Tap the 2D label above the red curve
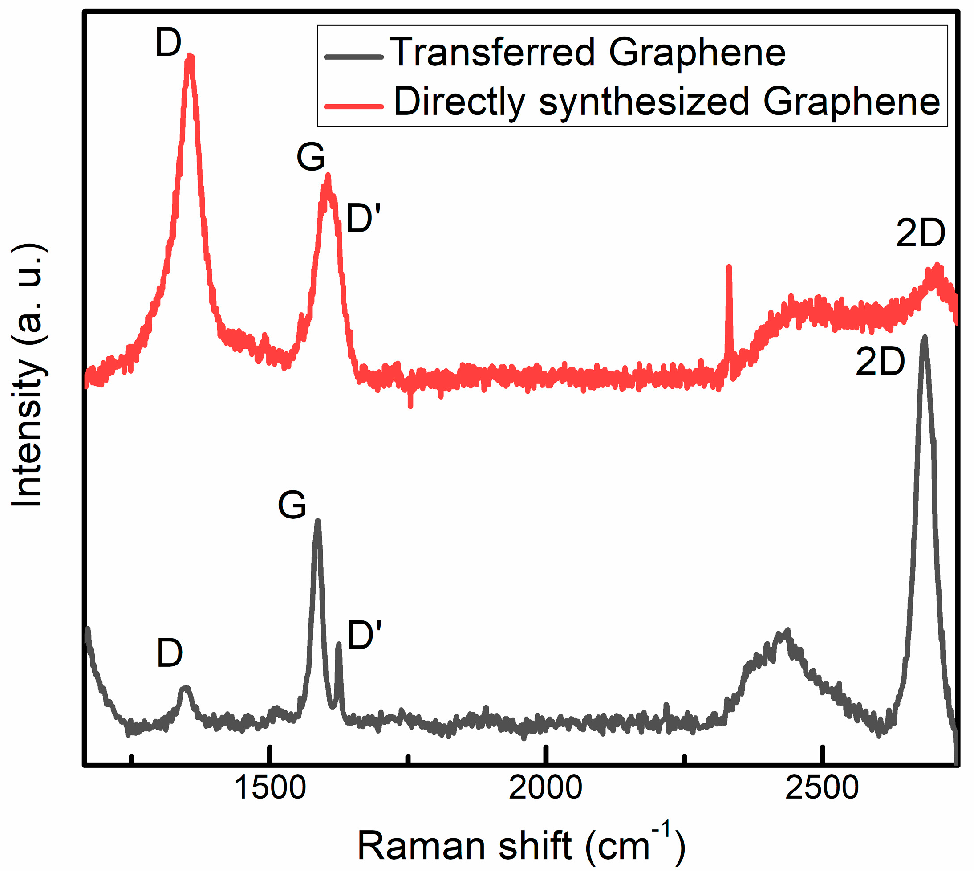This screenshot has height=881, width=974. click(921, 233)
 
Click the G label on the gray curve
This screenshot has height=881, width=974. click(292, 505)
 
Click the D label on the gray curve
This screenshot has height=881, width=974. click(170, 653)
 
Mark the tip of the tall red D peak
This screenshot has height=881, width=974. click(191, 57)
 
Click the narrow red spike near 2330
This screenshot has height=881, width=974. click(729, 267)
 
